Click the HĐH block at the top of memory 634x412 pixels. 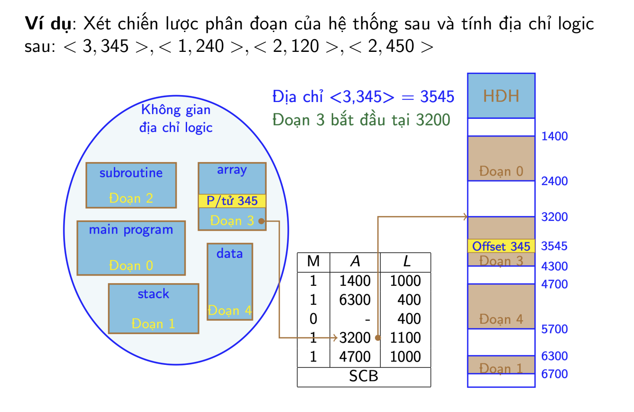(501, 96)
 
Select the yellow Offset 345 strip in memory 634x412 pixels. (501, 246)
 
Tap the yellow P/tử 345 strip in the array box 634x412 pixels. (232, 201)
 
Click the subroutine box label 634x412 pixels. (131, 172)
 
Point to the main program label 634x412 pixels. (131, 230)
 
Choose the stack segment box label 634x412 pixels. (153, 294)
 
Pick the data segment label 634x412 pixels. (230, 253)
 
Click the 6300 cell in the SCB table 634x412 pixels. (355, 300)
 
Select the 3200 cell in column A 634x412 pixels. (355, 338)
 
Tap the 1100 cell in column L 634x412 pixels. (405, 338)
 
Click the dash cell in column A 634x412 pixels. (367, 319)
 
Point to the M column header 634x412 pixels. (314, 261)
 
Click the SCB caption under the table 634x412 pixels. (364, 376)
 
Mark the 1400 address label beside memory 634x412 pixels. (554, 136)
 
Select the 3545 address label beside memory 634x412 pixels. (554, 246)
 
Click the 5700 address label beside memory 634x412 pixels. (554, 329)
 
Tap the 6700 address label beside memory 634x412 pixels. (554, 374)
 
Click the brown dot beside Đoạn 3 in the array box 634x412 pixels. (262, 221)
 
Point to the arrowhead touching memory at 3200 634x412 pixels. (466, 217)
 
